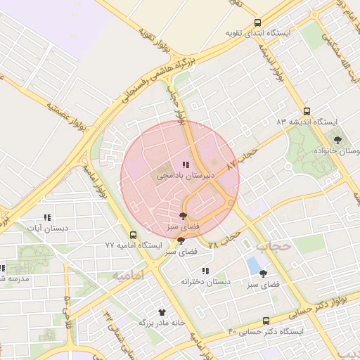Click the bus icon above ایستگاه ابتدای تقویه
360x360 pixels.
click(258, 22)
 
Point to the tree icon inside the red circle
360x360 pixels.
click(184, 217)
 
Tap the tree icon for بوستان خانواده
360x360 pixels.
click(337, 140)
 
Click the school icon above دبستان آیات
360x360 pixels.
click(47, 217)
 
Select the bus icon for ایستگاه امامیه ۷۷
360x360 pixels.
click(133, 235)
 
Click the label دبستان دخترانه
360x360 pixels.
click(205, 281)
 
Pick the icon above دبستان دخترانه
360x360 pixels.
click(205, 271)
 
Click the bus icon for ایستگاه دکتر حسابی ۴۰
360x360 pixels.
click(266, 320)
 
